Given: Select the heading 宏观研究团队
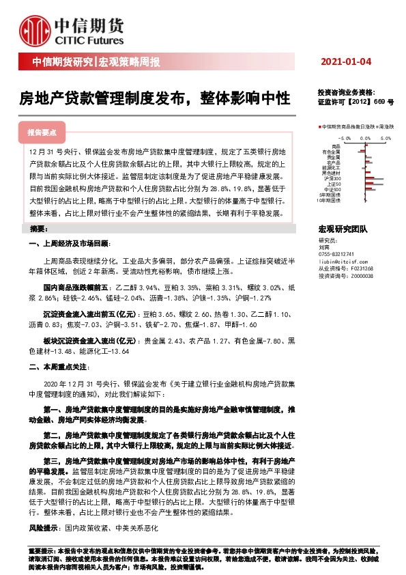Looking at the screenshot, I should pos(343,229).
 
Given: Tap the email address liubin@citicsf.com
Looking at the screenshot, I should pos(343,262).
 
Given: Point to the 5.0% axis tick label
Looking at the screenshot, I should pos(385,137).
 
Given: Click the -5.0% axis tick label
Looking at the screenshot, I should pos(345,137).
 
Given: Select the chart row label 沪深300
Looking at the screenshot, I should pos(333,178).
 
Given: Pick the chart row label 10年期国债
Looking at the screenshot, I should pos(330,200).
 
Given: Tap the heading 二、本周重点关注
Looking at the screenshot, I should pos(59,367).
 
